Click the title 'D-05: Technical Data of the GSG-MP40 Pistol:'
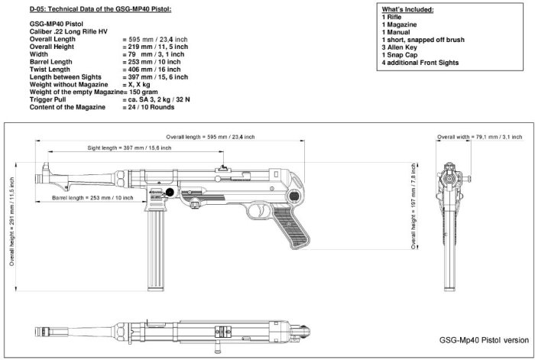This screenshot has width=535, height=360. coord(101,8)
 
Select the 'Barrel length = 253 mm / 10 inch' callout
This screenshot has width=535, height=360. coord(92,197)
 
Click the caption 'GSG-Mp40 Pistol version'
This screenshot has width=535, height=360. coord(483,339)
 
